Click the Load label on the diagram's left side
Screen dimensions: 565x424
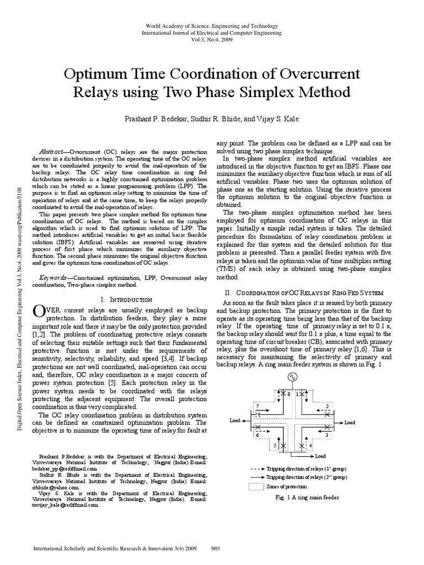(x=236, y=420)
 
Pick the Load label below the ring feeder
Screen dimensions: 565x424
(x=321, y=456)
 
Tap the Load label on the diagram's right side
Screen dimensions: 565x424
(x=351, y=423)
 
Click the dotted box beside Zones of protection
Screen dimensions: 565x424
(x=256, y=486)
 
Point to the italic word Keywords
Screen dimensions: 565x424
(x=52, y=278)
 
